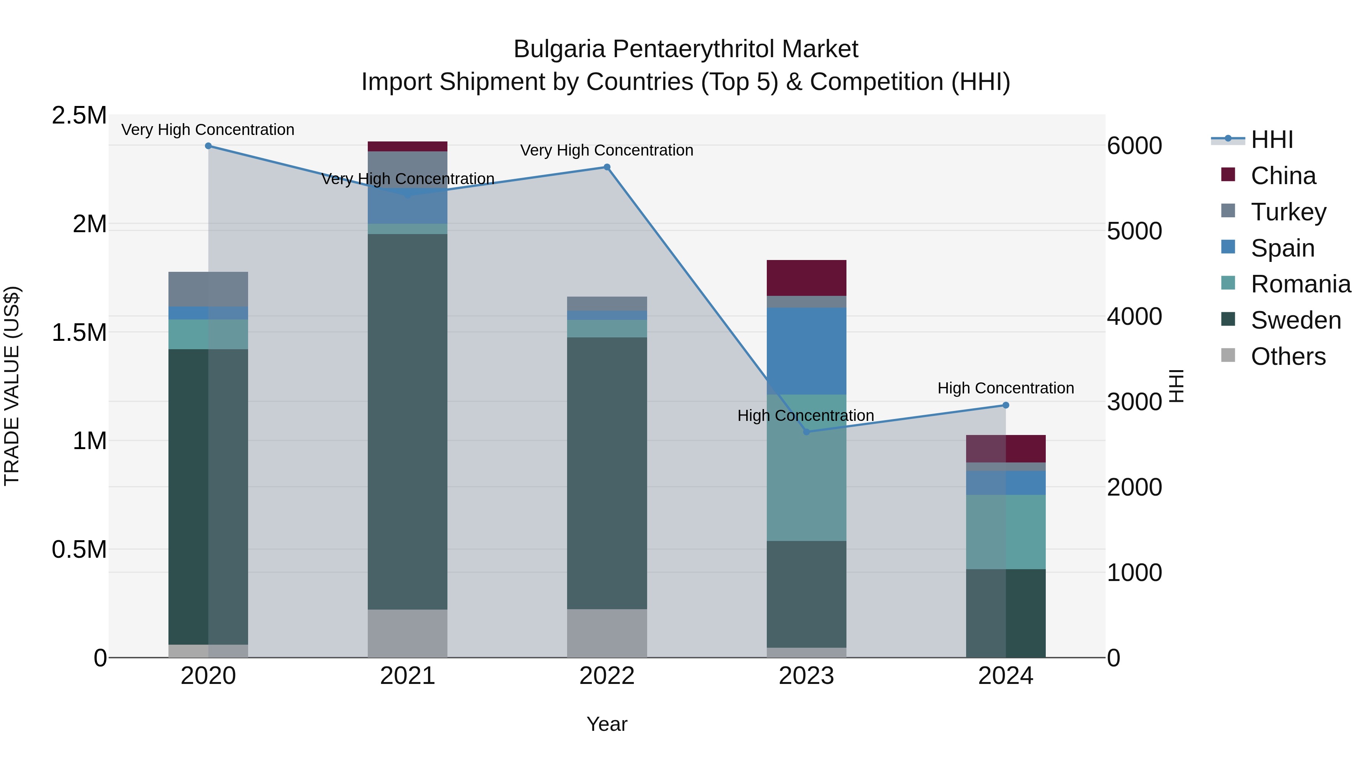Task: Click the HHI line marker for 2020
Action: coord(208,146)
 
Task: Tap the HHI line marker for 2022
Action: coord(607,167)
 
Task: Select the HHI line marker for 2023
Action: coord(806,432)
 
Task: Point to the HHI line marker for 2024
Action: coord(1006,406)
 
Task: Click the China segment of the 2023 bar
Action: coord(806,278)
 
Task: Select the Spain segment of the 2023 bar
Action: coord(806,351)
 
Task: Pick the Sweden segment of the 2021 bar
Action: coord(407,421)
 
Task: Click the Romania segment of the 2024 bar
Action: coord(1006,532)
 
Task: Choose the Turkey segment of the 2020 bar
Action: coord(208,289)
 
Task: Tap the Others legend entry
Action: coord(1288,356)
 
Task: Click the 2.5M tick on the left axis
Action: coord(79,116)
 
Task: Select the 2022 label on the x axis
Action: coord(607,676)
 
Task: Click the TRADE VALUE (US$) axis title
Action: coord(12,386)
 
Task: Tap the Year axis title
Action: coord(607,724)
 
